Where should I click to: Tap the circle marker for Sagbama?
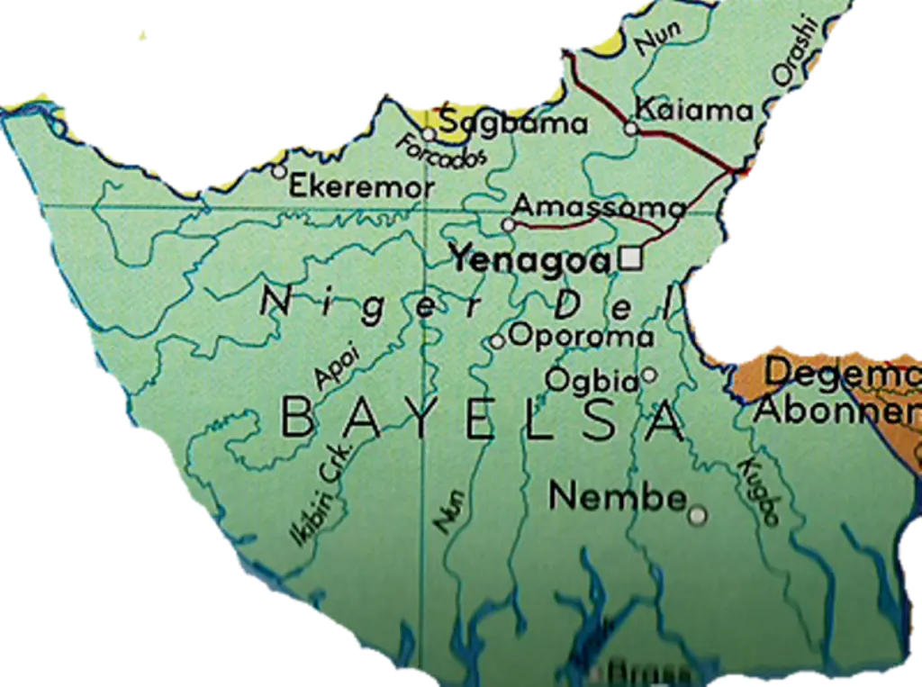[x=429, y=135]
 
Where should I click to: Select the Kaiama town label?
[x=693, y=111]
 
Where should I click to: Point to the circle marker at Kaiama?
[x=631, y=129]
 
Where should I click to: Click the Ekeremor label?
[x=362, y=187]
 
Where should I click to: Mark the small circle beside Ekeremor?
[x=279, y=171]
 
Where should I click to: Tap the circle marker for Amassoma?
[x=509, y=224]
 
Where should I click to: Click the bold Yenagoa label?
[x=531, y=259]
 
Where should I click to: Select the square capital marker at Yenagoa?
[x=631, y=258]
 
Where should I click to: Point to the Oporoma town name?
[x=581, y=336]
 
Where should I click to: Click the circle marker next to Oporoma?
[x=497, y=341]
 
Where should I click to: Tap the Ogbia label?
[x=592, y=380]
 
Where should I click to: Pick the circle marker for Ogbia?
[x=649, y=375]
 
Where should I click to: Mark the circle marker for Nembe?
[x=697, y=516]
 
